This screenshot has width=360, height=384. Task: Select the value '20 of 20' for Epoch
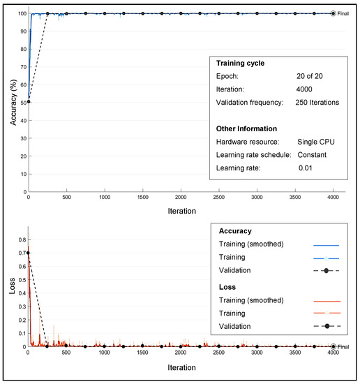[310, 76]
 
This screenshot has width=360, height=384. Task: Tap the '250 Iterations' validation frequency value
[317, 103]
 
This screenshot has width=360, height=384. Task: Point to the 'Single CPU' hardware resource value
[317, 142]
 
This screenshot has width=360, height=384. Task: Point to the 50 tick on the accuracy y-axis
[22, 102]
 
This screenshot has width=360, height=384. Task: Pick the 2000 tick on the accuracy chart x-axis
[181, 198]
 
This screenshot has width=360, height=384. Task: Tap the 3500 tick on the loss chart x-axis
[295, 353]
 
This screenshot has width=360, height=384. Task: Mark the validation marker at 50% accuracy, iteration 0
[29, 102]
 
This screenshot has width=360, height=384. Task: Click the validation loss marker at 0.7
[29, 253]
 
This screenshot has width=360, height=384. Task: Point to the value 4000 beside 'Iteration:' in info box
[306, 89]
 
